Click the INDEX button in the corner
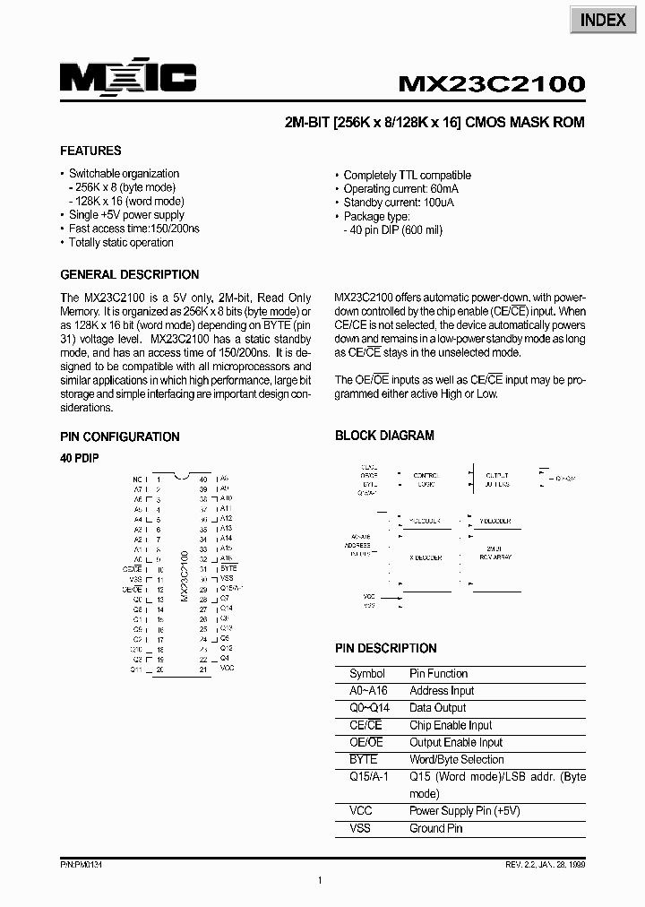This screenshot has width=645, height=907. [603, 20]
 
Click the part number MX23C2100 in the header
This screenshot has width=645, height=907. [491, 83]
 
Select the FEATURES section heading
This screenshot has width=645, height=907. [90, 151]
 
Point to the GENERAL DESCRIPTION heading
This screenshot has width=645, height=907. [130, 274]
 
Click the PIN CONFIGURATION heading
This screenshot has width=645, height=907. [120, 436]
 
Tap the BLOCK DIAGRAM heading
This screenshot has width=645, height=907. [384, 436]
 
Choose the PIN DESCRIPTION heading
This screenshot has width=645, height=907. [386, 648]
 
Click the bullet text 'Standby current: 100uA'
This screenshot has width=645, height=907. [399, 203]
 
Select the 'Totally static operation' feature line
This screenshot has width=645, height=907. [121, 242]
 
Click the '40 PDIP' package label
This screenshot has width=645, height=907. [79, 458]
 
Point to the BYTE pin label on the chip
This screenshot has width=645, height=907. [228, 568]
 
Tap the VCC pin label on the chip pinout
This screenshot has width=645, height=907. [227, 669]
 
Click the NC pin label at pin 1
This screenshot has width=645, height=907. [137, 479]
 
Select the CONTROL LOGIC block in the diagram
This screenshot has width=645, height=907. [426, 479]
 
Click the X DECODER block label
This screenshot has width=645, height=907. [426, 557]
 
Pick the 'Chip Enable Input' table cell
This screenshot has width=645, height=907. [451, 725]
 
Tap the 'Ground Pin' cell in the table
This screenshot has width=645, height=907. [436, 828]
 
